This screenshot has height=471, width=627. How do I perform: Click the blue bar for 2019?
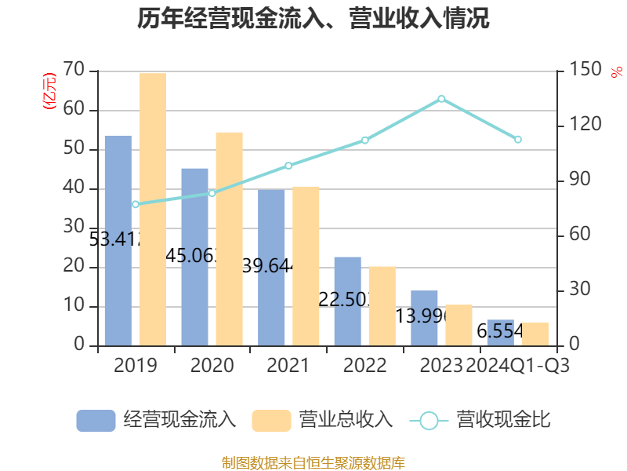coord(118,239)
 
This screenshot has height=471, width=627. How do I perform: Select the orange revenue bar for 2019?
coord(153,208)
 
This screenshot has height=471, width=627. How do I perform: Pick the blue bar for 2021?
coord(271,267)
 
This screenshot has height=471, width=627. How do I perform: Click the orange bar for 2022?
coord(382,305)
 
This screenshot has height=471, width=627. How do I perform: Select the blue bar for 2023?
coord(424,318)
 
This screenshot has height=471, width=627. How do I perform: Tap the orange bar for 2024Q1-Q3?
coord(535,334)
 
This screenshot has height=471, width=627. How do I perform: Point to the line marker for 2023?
coord(441,98)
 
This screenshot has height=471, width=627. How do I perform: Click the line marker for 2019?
coord(136,204)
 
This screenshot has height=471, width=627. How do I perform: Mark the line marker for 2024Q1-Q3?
coord(517,139)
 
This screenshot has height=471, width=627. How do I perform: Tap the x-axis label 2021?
coord(288,366)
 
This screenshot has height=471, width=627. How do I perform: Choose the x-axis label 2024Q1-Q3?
coord(517,366)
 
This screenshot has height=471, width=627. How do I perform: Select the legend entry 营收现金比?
coord(480,420)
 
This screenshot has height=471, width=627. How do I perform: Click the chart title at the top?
coord(313,19)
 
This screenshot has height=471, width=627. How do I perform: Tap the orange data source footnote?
coord(313,462)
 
